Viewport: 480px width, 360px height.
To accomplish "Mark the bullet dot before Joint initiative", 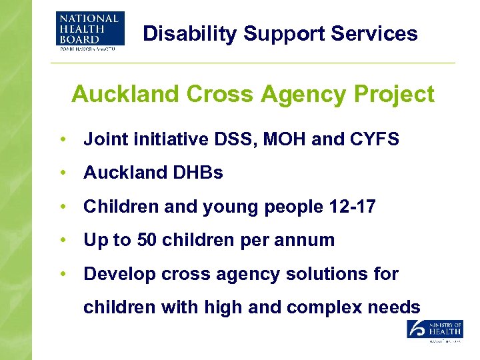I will tap(62, 139).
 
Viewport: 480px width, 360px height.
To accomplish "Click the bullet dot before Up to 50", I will tap(62, 240).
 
